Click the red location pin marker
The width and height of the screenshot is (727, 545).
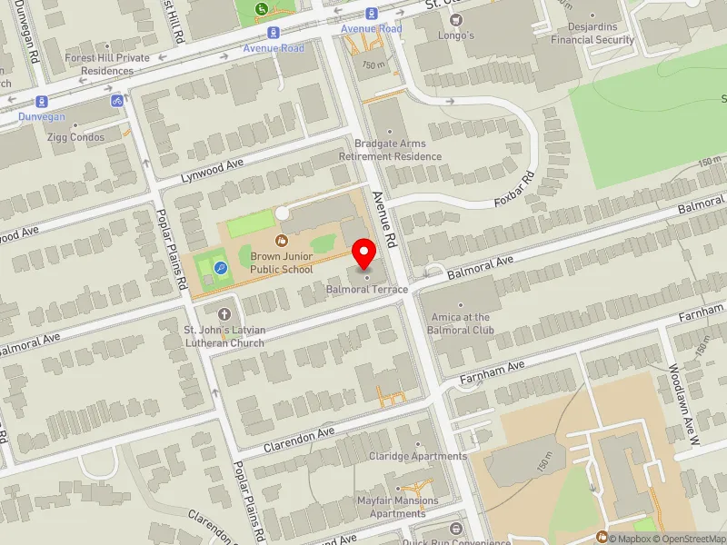click(x=365, y=253)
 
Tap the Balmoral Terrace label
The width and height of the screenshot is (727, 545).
click(x=367, y=289)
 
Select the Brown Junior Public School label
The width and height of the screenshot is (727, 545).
click(x=282, y=263)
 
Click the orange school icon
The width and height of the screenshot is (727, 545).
click(x=282, y=240)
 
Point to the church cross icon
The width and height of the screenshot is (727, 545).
click(x=224, y=312)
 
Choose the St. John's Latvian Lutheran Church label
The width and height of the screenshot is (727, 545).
click(x=224, y=336)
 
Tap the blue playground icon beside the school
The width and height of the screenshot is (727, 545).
click(x=222, y=267)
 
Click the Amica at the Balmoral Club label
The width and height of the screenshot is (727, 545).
click(x=460, y=323)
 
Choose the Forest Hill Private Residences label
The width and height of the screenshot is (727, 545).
click(x=107, y=64)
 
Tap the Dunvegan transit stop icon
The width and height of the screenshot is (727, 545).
click(x=41, y=102)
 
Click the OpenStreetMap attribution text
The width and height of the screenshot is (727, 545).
click(x=688, y=539)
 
